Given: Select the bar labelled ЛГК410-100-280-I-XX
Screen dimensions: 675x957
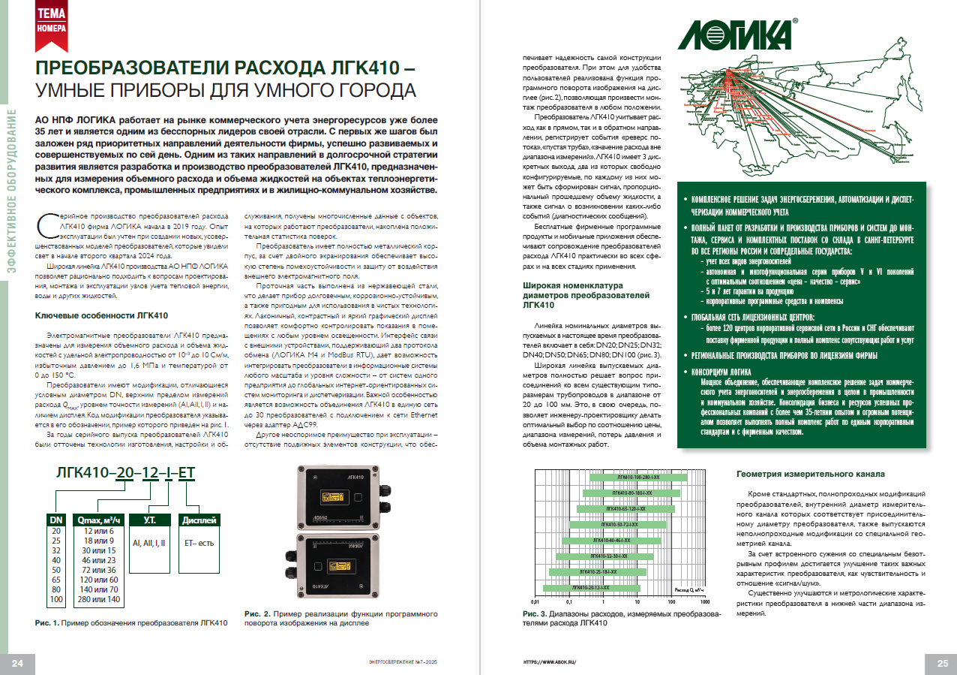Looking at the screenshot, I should tap(638, 478).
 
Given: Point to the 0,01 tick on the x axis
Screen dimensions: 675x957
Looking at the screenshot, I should tap(535, 602).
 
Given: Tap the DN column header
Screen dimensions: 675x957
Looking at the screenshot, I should tap(56, 520).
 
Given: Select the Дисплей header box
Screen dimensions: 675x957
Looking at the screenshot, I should tap(198, 520).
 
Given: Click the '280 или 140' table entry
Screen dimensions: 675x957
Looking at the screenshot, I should tap(98, 599).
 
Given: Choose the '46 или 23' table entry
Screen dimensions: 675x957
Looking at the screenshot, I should tap(98, 559).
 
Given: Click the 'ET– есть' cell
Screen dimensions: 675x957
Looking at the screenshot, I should tap(195, 541).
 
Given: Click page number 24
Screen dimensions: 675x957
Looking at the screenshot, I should tap(18, 662).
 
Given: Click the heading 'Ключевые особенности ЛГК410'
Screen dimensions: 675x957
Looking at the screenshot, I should tap(103, 315).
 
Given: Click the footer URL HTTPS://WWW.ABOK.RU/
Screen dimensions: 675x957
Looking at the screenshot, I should tap(548, 662).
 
